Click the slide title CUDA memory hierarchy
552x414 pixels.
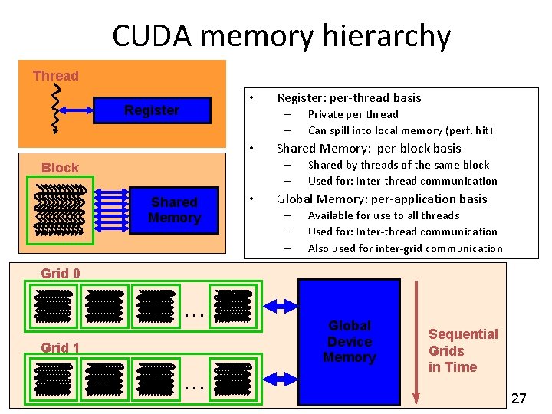[x=281, y=35]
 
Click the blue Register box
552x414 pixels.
[x=152, y=110]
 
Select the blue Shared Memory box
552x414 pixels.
[x=174, y=209]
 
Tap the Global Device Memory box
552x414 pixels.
[x=349, y=341]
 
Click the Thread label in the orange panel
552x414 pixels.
[x=55, y=75]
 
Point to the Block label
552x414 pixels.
[x=60, y=167]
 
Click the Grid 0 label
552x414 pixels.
[x=61, y=273]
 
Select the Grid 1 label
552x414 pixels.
[x=61, y=348]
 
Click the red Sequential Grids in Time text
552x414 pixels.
[x=462, y=350]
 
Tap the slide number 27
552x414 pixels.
[x=519, y=398]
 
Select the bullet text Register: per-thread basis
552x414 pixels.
[x=349, y=97]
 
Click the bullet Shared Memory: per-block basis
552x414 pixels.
[x=369, y=148]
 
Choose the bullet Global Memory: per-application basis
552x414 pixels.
[x=382, y=199]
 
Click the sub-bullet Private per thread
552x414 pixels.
[x=353, y=114]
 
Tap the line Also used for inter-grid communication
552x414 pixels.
[x=405, y=248]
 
